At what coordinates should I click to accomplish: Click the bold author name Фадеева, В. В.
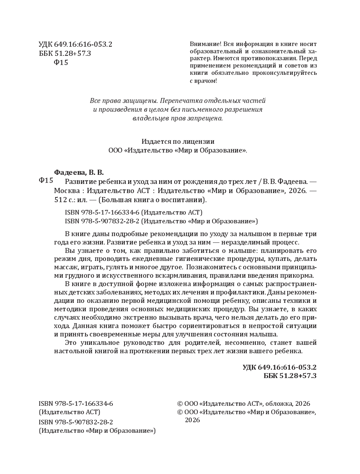point(78,172)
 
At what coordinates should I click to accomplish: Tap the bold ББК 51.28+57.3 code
point(290,376)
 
